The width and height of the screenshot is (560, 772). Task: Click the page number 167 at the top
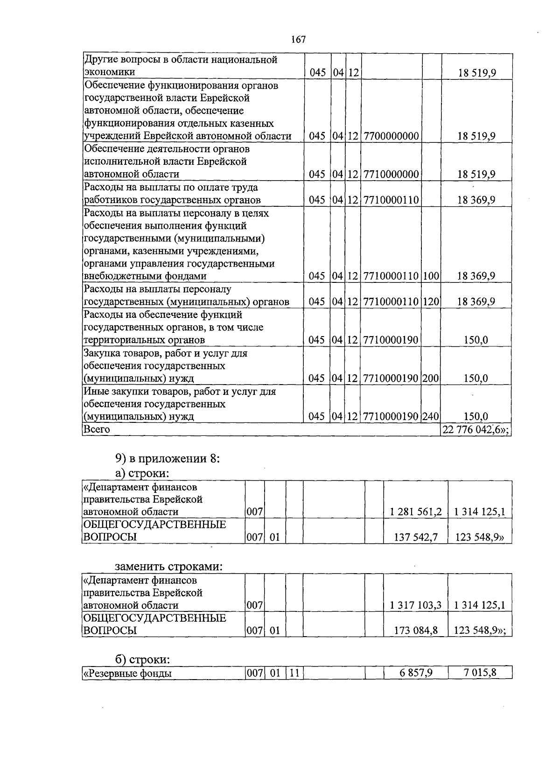(x=298, y=40)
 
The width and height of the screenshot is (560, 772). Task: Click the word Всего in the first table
(x=97, y=429)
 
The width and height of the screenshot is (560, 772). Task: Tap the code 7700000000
(x=391, y=136)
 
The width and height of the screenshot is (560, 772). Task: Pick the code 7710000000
(x=391, y=175)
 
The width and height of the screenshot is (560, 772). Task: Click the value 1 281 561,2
(x=415, y=512)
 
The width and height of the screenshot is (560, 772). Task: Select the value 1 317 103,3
(x=415, y=605)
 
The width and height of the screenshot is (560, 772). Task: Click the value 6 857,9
(x=416, y=673)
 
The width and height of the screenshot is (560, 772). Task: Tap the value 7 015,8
(x=480, y=673)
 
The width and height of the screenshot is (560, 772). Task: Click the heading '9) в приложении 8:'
(x=168, y=458)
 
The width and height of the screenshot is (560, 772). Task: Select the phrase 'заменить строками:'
(x=168, y=567)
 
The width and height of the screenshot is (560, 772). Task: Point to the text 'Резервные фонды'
(x=127, y=674)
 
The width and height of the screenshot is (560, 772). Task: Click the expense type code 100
(x=431, y=276)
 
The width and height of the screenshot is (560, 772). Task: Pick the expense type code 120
(x=431, y=302)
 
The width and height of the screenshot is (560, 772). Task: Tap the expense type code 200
(x=431, y=378)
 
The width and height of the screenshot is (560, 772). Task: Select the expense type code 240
(x=431, y=416)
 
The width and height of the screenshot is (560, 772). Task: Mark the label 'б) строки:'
(x=142, y=660)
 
